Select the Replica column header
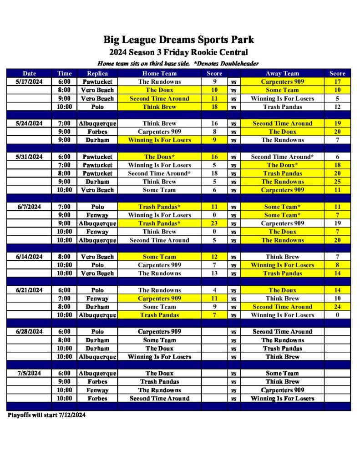(96, 73)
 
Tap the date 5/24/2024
(29, 123)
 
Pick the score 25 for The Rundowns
(337, 182)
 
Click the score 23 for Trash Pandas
(214, 223)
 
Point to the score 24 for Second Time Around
(337, 307)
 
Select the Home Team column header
(159, 73)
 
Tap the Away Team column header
(282, 73)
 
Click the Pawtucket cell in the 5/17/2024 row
(96, 82)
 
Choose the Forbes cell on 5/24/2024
(96, 132)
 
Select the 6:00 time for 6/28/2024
(64, 332)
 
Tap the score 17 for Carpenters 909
(337, 82)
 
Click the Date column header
(29, 73)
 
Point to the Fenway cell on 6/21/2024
(96, 299)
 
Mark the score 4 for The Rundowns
(214, 290)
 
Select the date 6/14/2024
(29, 257)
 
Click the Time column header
(64, 73)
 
